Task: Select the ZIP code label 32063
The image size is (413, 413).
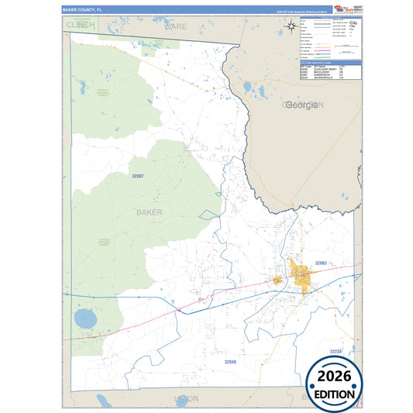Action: click(321, 263)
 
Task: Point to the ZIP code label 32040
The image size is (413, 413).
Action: click(230, 361)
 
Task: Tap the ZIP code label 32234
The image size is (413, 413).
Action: click(335, 352)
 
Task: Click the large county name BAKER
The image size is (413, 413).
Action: click(150, 211)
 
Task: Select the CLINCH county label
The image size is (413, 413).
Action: click(81, 25)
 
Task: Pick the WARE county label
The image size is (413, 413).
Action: click(175, 26)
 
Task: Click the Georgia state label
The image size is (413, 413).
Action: click(302, 105)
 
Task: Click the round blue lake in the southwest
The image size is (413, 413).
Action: click(84, 318)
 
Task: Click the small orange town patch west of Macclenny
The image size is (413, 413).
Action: click(277, 280)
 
